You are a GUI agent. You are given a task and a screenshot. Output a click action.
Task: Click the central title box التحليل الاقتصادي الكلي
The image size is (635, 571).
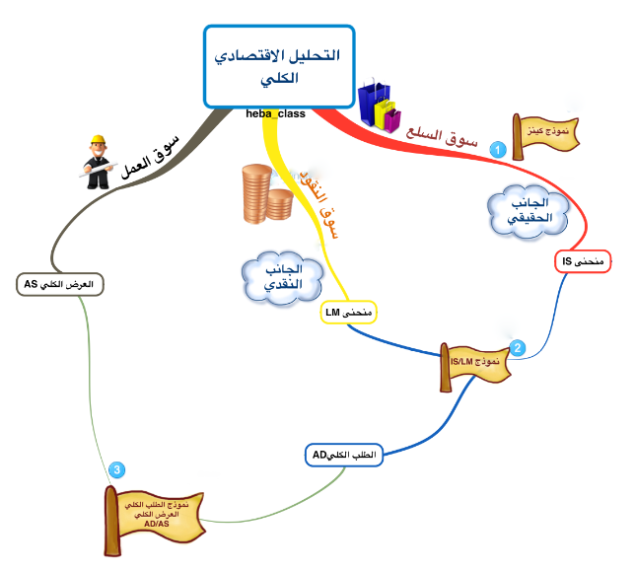[276, 65]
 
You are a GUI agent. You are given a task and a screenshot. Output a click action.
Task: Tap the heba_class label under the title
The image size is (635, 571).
[275, 113]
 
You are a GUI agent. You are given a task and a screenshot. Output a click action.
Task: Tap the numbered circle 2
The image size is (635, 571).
[517, 348]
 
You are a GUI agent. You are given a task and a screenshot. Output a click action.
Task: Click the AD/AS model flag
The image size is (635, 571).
[156, 516]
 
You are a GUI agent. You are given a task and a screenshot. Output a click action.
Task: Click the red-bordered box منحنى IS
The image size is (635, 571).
[582, 261]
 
